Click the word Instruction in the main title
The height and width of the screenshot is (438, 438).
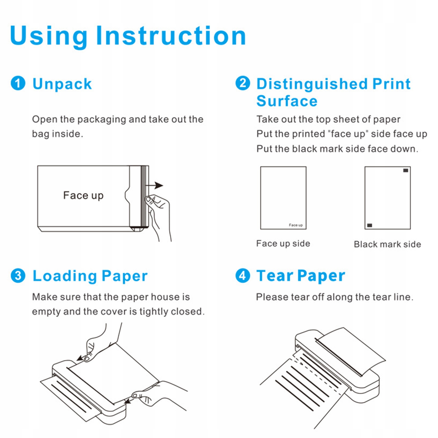click(171, 36)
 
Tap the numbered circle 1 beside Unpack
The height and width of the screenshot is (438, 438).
click(18, 83)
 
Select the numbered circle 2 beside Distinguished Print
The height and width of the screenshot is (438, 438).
click(243, 83)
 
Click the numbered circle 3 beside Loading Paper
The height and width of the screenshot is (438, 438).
click(18, 275)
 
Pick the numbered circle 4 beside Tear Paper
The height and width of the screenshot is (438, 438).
click(243, 275)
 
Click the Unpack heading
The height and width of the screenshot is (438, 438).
click(62, 84)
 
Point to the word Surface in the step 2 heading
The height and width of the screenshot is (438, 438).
click(287, 101)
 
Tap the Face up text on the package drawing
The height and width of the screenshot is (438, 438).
click(83, 195)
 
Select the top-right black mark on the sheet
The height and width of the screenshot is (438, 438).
click(406, 170)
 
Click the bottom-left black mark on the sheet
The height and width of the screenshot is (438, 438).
click(370, 225)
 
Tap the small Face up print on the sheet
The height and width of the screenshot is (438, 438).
click(296, 225)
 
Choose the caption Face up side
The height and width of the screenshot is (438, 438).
click(283, 243)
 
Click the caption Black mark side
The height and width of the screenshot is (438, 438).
click(387, 244)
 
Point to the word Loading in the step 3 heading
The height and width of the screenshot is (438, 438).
click(65, 276)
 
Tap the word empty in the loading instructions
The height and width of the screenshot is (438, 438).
click(46, 312)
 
